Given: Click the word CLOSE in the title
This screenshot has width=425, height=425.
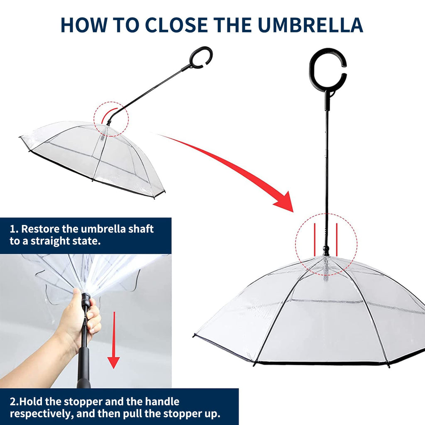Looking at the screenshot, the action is coord(176,25).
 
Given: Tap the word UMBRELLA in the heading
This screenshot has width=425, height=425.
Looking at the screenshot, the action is coord(311,25).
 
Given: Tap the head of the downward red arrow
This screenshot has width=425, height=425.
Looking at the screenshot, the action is coord(114,363).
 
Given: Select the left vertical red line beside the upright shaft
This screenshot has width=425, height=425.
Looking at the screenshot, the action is coord(315,239).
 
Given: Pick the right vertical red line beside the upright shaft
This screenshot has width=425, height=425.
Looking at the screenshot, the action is coord(337,239).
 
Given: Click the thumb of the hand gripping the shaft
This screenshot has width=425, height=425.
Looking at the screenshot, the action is coord(77,296).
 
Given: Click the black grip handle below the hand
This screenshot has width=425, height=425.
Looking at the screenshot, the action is coord(83,367).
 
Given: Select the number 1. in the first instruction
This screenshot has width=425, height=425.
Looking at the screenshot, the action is coord(14,229).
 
